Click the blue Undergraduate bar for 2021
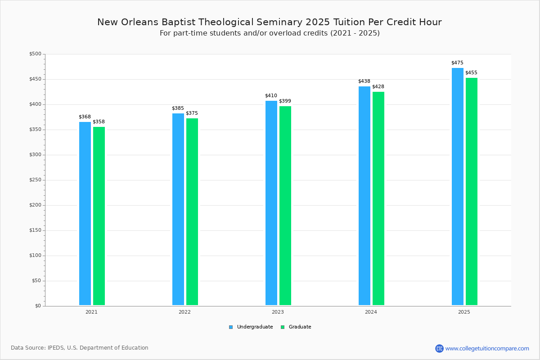click(x=85, y=213)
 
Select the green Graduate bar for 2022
click(x=192, y=211)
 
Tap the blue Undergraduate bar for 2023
click(x=271, y=203)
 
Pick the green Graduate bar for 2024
click(x=378, y=198)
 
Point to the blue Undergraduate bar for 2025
click(x=458, y=186)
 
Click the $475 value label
click(x=457, y=63)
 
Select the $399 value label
click(x=285, y=101)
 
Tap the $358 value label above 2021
click(x=99, y=121)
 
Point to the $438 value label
click(x=364, y=81)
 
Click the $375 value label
click(x=192, y=113)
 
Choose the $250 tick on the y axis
click(x=35, y=180)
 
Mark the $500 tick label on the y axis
click(x=35, y=54)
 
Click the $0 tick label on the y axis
click(x=38, y=306)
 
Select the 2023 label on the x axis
click(x=278, y=312)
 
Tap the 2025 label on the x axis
click(x=464, y=312)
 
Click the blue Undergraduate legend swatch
click(x=231, y=327)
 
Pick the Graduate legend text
click(x=300, y=327)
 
